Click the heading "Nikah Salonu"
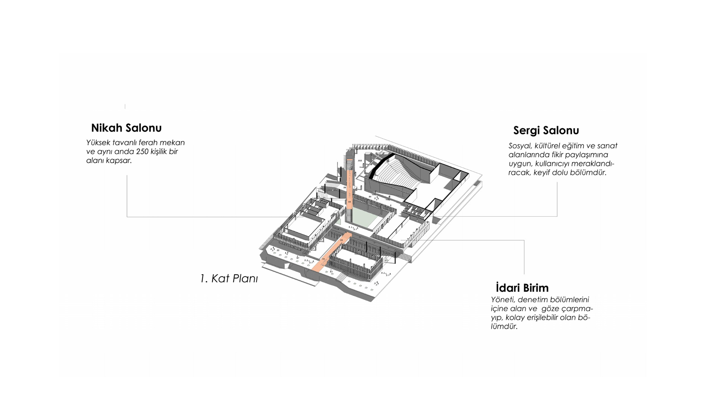coord(126,128)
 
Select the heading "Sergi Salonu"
coord(546,130)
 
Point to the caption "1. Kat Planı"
coord(229,279)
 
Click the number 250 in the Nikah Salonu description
coord(142,151)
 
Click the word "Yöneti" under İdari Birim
coord(503,300)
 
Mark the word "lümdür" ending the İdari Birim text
coord(504,326)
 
